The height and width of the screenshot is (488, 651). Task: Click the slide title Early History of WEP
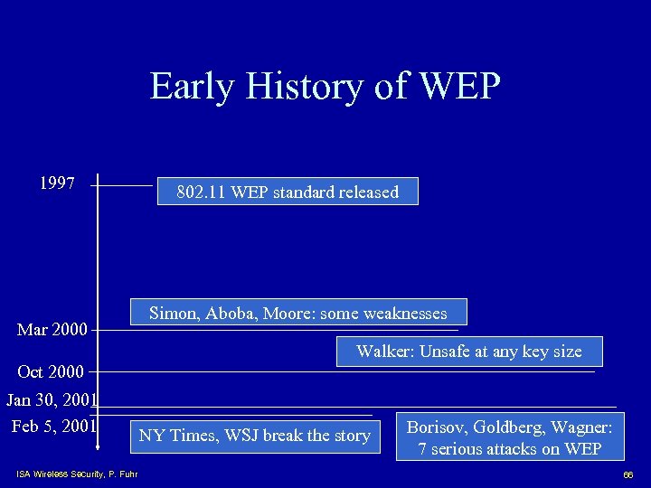[325, 87]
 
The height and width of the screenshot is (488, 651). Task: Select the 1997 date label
[57, 183]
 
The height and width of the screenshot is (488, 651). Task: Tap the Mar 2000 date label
[52, 330]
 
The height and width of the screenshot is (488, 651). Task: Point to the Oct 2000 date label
[51, 371]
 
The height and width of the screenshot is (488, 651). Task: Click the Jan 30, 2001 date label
[52, 399]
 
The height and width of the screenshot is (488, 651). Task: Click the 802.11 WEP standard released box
[288, 192]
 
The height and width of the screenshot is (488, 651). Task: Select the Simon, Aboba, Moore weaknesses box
[298, 313]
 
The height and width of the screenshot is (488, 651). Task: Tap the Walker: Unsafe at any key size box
[469, 351]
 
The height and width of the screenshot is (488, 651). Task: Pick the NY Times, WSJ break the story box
[254, 436]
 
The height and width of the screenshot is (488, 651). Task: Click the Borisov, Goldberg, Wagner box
[512, 437]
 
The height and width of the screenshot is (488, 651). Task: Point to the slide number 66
[628, 474]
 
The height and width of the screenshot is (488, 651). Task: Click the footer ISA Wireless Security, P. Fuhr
[77, 474]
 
